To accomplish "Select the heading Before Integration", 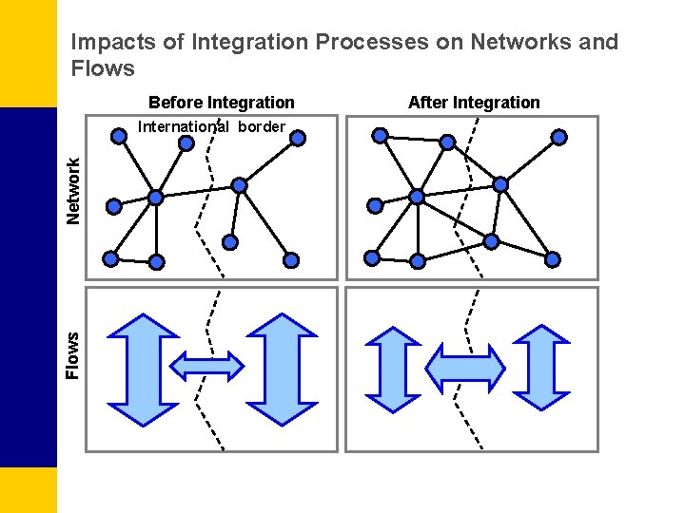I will (222, 102).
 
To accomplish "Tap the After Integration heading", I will (474, 102).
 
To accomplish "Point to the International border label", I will (211, 126).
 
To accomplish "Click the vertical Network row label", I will (73, 192).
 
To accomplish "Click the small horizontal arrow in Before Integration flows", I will (205, 366).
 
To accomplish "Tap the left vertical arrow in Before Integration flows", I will (144, 368).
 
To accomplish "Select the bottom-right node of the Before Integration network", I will (291, 259).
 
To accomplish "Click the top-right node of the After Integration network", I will (558, 137).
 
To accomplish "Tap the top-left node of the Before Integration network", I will (119, 136).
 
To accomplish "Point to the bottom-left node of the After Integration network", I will (372, 257).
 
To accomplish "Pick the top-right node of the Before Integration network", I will (297, 138).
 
